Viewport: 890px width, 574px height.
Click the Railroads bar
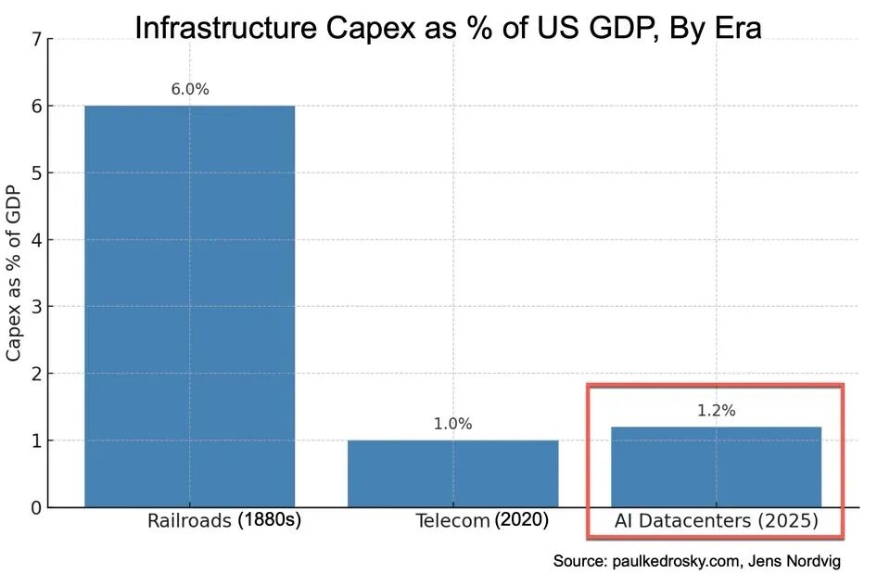point(189,306)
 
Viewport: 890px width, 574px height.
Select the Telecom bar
point(452,473)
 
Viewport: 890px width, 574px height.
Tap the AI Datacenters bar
point(716,466)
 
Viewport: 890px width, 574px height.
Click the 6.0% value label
point(190,90)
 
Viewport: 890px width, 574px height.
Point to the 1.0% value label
point(452,424)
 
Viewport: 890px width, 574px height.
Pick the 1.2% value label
point(716,411)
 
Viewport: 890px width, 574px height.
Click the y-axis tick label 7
point(36,40)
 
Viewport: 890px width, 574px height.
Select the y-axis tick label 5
point(36,173)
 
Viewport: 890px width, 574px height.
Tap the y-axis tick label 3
point(36,307)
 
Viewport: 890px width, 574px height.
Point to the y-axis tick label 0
point(36,507)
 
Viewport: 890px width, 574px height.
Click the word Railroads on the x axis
point(188,521)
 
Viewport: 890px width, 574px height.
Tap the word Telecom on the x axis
point(451,521)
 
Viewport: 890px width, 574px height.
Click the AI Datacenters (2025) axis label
point(716,521)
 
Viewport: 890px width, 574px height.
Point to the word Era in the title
point(736,28)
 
